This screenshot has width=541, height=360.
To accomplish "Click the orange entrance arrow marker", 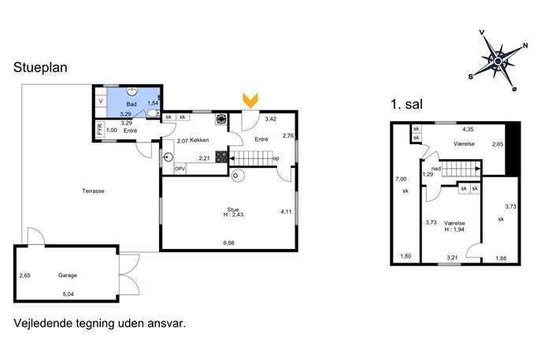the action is [x=250, y=101].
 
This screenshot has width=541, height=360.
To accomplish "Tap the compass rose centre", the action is [x=498, y=61].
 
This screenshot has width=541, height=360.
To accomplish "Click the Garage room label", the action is [x=67, y=275].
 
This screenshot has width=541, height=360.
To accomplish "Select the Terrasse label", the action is [x=93, y=191].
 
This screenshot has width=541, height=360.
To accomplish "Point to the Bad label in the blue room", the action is [x=131, y=104].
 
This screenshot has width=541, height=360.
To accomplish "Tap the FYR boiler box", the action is [x=100, y=129].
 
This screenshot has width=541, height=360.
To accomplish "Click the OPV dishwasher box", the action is [x=180, y=169].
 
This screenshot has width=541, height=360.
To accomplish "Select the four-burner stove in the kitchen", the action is [x=221, y=157].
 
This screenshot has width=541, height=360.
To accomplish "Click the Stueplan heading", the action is [x=40, y=67].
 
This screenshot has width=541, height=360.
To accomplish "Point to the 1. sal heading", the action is [x=407, y=104].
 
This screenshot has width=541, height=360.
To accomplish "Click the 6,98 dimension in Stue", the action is [x=228, y=243].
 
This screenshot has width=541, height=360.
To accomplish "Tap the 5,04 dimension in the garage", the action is [x=68, y=294].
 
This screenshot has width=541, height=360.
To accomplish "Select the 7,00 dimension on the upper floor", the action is [x=401, y=179].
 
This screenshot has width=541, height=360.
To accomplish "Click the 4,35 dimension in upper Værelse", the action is [x=468, y=129].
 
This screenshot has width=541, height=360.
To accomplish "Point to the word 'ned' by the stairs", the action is [x=436, y=169].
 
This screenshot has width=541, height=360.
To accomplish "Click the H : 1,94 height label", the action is [x=454, y=229].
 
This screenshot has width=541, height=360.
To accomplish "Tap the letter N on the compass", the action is [x=525, y=46].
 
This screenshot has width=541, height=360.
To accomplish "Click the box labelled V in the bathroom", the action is [x=101, y=101].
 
